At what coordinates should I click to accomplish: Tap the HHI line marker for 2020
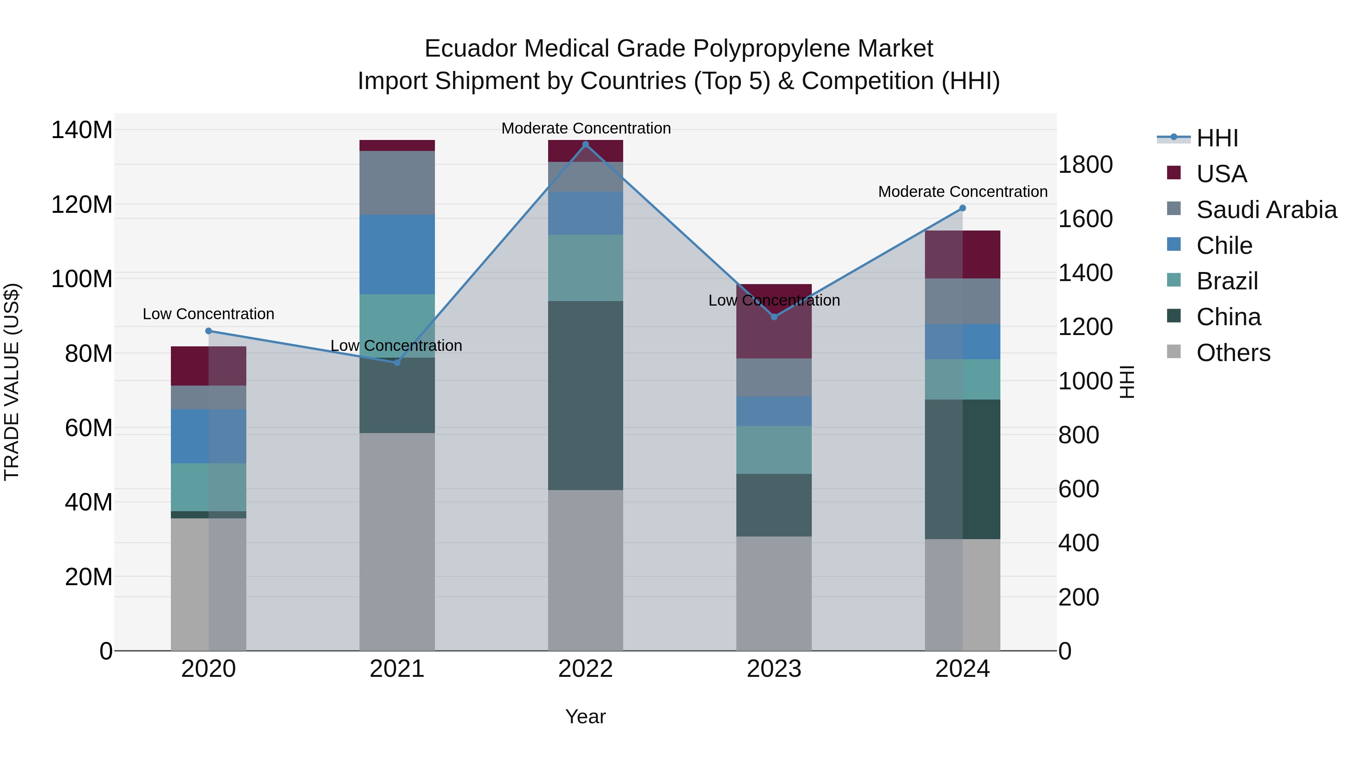[x=208, y=331]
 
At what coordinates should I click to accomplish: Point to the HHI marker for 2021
[x=397, y=363]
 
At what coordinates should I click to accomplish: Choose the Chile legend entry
[x=1224, y=246]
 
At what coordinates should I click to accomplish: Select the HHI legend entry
[x=1217, y=138]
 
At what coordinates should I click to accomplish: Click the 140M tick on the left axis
[x=82, y=130]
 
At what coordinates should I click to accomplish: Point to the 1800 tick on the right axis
[x=1085, y=165]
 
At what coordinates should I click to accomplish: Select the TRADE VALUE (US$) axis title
[x=12, y=382]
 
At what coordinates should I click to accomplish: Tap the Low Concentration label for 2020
[x=208, y=314]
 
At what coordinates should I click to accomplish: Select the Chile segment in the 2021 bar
[x=397, y=254]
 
